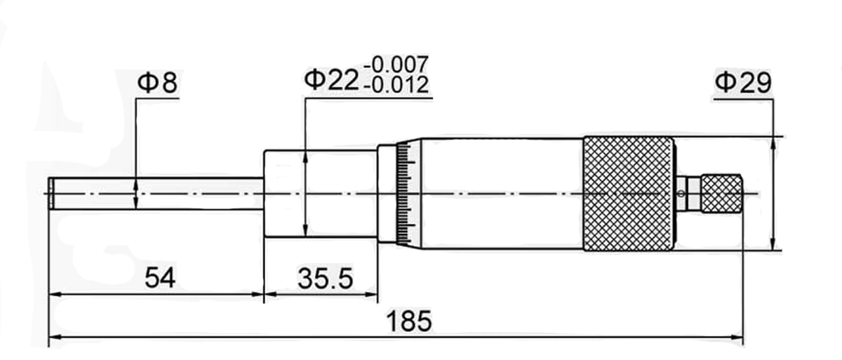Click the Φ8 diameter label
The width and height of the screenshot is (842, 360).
[157, 83]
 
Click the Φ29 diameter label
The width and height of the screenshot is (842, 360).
[743, 83]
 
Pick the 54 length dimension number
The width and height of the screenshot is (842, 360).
[160, 278]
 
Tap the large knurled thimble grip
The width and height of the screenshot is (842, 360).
[629, 193]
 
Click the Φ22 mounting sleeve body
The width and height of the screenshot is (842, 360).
[320, 193]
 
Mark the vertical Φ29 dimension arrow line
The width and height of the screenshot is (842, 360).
[773, 193]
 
